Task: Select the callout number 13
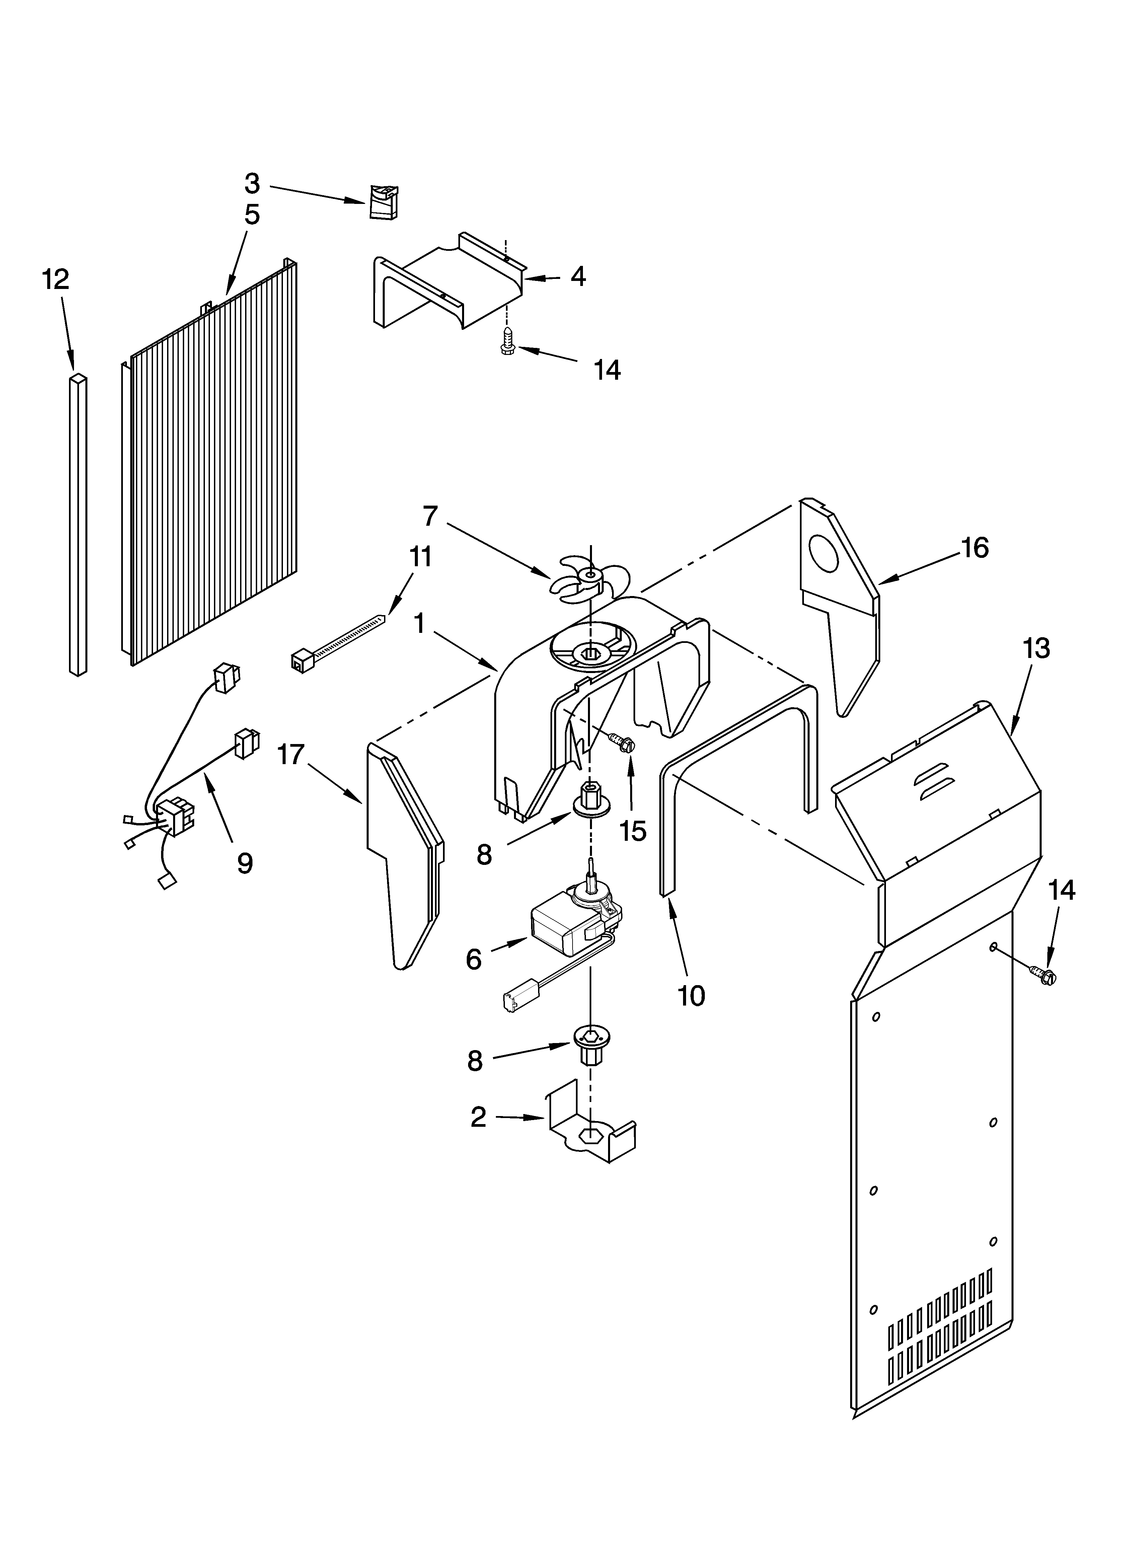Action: pyautogui.click(x=1036, y=648)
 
